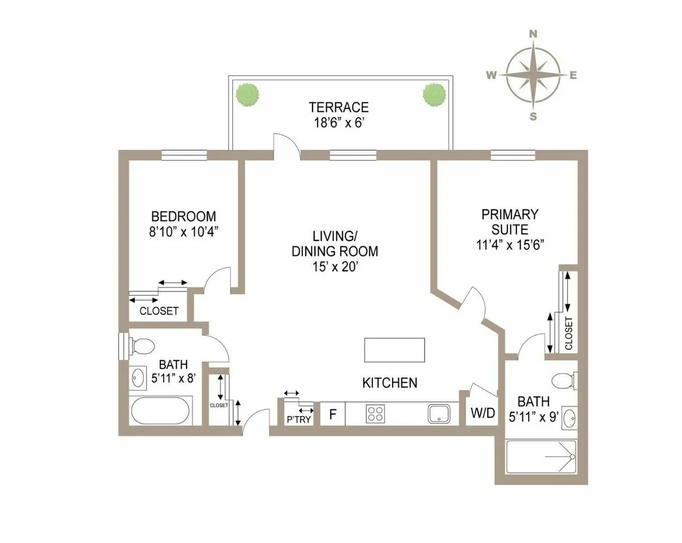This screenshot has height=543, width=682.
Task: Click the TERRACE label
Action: tap(339, 107)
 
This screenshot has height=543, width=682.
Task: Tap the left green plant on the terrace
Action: tap(247, 94)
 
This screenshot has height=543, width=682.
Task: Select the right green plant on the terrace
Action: tap(434, 94)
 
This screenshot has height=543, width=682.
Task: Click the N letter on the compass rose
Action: tap(533, 34)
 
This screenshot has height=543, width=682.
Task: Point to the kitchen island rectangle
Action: tap(394, 350)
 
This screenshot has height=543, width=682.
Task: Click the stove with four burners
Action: tap(375, 413)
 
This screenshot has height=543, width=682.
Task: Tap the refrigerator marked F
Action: tap(333, 414)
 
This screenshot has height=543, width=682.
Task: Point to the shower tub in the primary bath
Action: tap(541, 457)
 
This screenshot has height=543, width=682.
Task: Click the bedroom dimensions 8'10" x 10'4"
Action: tap(184, 231)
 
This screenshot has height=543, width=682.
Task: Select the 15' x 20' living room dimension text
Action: tap(334, 267)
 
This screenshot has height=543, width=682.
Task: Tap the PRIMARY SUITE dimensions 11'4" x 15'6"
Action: tap(509, 245)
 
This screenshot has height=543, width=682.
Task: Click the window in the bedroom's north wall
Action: tap(184, 155)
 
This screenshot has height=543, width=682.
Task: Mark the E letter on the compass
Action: tap(573, 75)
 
